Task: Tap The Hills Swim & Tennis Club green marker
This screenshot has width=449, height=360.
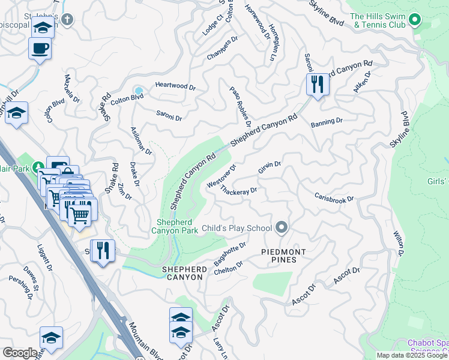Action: pyautogui.click(x=414, y=21)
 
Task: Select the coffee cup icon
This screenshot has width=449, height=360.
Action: pyautogui.click(x=40, y=49)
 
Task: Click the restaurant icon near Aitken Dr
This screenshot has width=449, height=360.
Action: pyautogui.click(x=318, y=84)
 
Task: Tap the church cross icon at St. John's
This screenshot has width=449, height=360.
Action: pyautogui.click(x=67, y=20)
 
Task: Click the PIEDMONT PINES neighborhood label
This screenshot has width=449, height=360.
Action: pyautogui.click(x=284, y=256)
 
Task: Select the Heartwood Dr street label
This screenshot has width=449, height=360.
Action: pyautogui.click(x=175, y=86)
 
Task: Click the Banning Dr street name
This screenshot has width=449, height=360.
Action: pyautogui.click(x=327, y=121)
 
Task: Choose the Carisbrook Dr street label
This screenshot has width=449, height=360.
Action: pyautogui.click(x=334, y=198)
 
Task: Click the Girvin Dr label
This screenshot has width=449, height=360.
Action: pyautogui.click(x=270, y=167)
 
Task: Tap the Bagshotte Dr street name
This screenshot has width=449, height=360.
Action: pyautogui.click(x=231, y=254)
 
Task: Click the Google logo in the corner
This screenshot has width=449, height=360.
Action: pyautogui.click(x=19, y=353)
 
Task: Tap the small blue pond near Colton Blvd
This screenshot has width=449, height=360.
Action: pyautogui.click(x=139, y=92)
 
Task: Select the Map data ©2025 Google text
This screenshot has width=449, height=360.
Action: pyautogui.click(x=412, y=355)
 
